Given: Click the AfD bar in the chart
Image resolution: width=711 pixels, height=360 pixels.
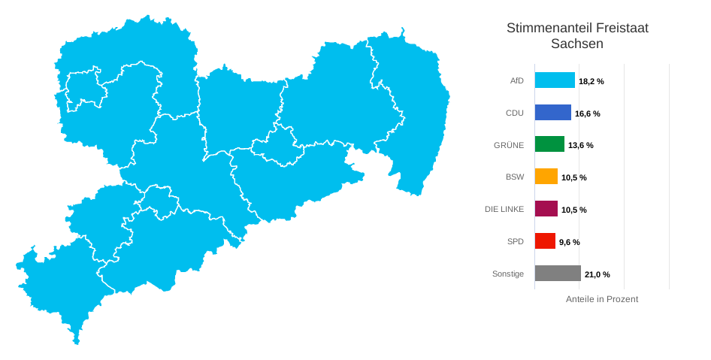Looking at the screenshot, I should pos(555,80).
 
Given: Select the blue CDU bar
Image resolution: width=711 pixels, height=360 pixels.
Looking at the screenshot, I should pos(552,113).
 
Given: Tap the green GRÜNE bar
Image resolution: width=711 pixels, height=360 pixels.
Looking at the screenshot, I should pos(549,144).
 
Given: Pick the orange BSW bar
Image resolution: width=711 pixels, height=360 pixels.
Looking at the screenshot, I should pos(546,177).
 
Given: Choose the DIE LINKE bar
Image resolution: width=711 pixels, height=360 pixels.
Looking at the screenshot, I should pos(546,209).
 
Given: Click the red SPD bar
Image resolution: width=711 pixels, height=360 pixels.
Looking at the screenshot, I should pos(545,241).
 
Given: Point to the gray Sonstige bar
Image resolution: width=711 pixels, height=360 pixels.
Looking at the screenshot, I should pos(558,274).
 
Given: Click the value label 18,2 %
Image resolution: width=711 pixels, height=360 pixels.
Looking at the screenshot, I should pos(591,81).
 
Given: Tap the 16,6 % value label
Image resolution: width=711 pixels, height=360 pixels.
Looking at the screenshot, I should pos(588,113).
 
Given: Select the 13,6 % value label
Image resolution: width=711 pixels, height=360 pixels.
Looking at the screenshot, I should pos(581,145).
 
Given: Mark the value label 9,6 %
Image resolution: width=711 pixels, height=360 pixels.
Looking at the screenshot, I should pos(570,242).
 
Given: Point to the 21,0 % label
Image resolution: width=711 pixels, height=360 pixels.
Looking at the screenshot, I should pos(598,274).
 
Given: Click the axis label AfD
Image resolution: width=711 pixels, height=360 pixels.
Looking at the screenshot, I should pos(516,80).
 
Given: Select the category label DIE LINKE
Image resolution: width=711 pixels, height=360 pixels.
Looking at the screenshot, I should pos(504,209).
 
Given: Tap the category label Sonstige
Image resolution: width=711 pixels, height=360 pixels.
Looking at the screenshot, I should pos(508,274).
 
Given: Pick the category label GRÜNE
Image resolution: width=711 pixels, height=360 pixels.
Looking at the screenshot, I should pos(509,144).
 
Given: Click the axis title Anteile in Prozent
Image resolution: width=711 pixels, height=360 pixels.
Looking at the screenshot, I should pos(601,299).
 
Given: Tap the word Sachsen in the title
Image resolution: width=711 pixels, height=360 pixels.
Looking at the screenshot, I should pos(577,44).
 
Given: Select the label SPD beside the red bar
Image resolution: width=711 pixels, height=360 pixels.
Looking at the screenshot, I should pos(516,241).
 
